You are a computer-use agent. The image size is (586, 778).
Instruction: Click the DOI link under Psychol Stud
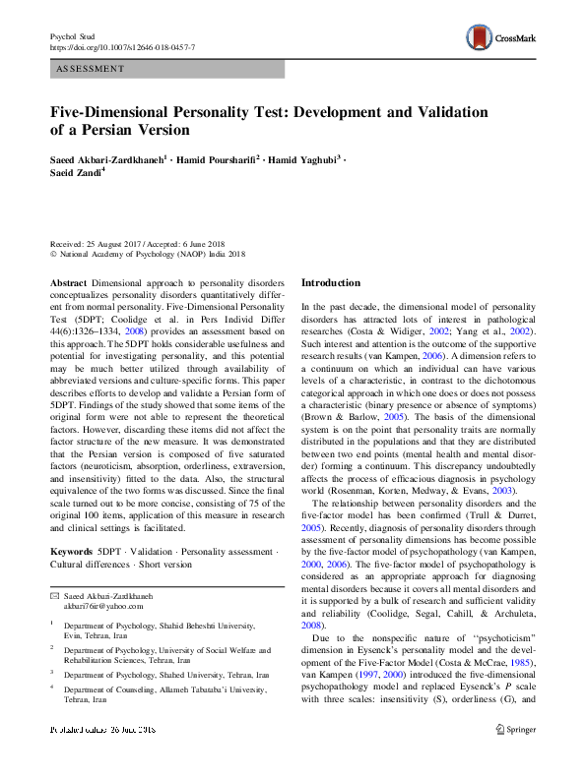(x=122, y=47)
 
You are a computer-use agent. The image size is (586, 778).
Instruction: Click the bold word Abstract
(x=69, y=282)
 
